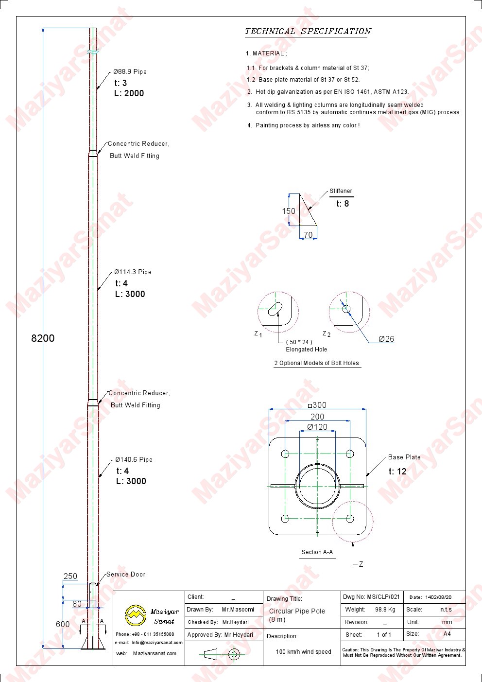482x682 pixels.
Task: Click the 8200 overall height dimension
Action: (43, 338)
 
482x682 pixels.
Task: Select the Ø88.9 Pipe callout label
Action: (130, 72)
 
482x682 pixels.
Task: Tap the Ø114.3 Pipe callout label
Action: (133, 272)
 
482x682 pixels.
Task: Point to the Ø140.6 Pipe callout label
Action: (134, 459)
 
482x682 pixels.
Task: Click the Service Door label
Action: (126, 574)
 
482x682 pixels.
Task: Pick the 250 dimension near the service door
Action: (70, 577)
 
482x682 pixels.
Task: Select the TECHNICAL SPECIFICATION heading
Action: (308, 32)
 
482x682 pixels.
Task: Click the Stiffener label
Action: (341, 191)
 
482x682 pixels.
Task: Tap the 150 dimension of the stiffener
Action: (289, 211)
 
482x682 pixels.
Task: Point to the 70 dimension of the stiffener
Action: (308, 235)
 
